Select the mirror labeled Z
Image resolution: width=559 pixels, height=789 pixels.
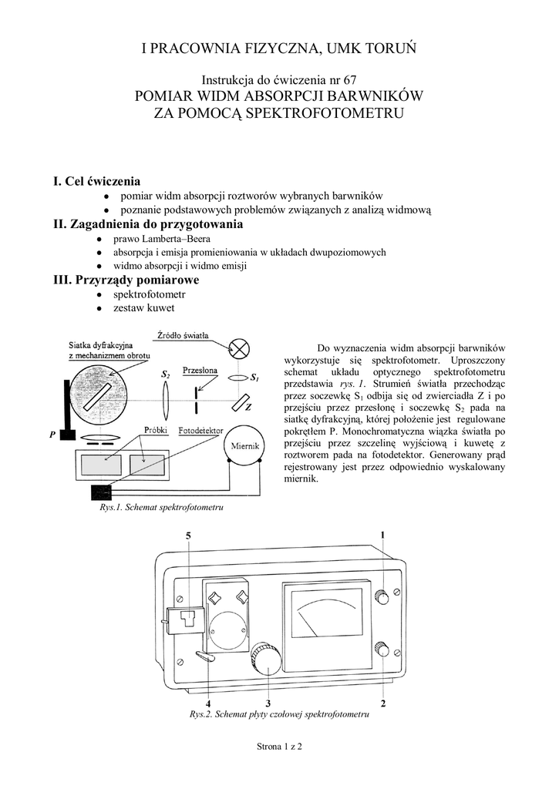click(241, 403)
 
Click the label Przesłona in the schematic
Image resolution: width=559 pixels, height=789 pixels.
click(199, 370)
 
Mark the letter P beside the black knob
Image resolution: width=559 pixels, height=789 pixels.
click(53, 435)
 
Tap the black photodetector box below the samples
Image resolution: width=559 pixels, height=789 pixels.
click(101, 491)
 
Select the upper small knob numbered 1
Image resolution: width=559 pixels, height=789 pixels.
click(382, 597)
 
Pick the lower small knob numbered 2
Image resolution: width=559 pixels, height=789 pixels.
click(382, 650)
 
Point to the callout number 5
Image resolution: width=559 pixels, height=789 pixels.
click(188, 535)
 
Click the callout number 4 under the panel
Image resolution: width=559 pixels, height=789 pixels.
click(208, 703)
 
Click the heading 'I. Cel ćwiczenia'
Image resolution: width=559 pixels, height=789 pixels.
click(96, 182)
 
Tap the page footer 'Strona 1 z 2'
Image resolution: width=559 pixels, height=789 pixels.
click(279, 747)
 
